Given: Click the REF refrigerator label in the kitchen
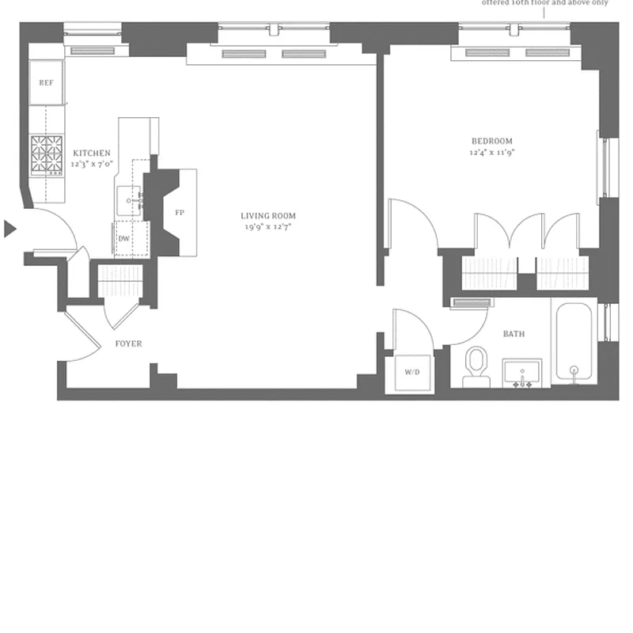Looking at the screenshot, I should click(47, 82).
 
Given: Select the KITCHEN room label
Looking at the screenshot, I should click(92, 154).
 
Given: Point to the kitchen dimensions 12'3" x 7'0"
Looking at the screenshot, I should click(92, 165).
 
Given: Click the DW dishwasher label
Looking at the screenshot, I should click(124, 237).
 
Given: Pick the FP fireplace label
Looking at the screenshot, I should click(179, 213).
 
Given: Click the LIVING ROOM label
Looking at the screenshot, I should click(269, 215).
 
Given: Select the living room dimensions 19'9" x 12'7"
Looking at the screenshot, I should click(269, 227).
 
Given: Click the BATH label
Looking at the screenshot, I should click(514, 334).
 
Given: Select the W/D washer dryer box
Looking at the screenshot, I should click(412, 372).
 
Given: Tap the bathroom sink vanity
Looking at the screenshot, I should click(522, 373).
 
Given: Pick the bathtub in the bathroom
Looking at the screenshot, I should click(574, 342).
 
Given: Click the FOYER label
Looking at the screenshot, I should click(128, 343).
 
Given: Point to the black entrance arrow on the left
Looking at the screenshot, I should click(9, 229).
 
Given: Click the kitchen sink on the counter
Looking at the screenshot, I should click(130, 201).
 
